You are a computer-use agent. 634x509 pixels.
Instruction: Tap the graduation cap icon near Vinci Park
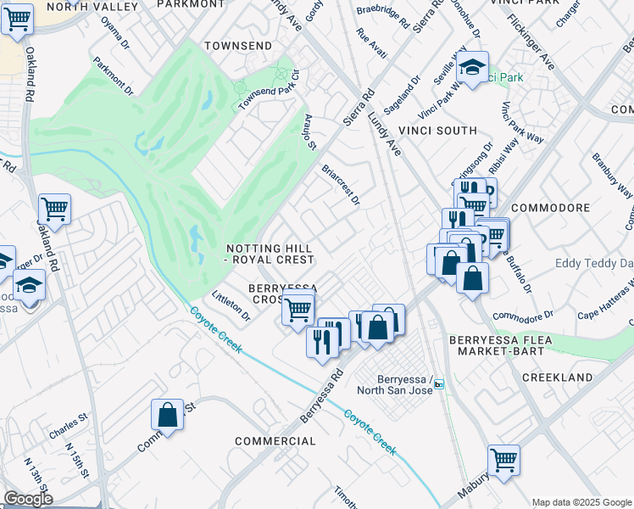coord(472,67)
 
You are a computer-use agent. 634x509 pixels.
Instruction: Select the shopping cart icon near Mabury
coord(503,461)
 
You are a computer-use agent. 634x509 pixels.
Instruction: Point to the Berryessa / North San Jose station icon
coord(439,384)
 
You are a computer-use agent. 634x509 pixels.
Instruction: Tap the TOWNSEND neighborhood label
coord(238,45)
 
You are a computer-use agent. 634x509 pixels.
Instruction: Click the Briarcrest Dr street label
coord(341,184)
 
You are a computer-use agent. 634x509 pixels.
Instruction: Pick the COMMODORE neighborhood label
coord(550,208)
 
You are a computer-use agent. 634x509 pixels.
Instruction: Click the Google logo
coord(28,499)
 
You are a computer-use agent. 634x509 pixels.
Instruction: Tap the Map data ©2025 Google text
coord(581,502)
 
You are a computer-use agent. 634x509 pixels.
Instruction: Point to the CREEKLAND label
coord(557,377)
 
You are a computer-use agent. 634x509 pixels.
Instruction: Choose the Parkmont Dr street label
coord(114,75)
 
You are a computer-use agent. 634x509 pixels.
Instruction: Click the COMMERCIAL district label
coord(275,441)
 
